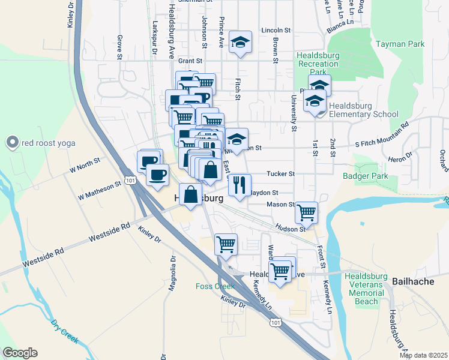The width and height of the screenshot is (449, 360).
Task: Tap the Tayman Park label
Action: click(x=400, y=44)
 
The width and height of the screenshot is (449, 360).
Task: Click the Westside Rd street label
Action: click(x=110, y=233)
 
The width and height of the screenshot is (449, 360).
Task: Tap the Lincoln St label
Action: click(x=276, y=29)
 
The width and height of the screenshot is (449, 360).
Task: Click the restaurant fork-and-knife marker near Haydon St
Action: click(x=240, y=184)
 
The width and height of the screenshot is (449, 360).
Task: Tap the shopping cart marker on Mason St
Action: click(x=306, y=211)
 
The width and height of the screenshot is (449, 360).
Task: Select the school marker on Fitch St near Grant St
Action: click(x=240, y=42)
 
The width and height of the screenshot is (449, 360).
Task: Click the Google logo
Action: click(x=20, y=353)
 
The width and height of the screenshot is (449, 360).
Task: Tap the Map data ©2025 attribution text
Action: click(x=424, y=355)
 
